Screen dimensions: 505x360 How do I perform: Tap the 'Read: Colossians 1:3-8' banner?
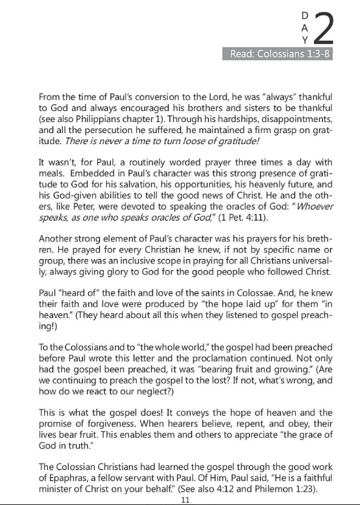(x=280, y=53)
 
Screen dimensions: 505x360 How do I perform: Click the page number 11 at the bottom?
(x=185, y=500)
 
